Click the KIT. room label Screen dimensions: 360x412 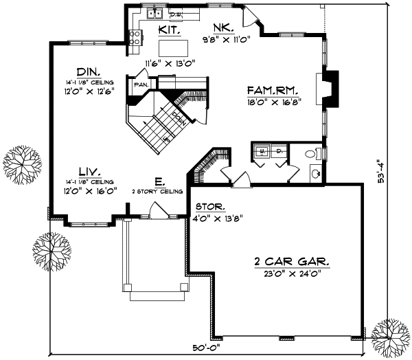[x=170, y=30]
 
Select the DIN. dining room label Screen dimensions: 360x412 [x=87, y=71]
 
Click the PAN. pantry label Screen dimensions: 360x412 [x=142, y=85]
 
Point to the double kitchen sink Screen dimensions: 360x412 [x=155, y=12]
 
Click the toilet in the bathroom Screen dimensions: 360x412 [x=314, y=153]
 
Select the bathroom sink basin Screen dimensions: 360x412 [x=314, y=174]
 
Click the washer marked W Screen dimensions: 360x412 [x=262, y=150]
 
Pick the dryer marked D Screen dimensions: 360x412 [x=279, y=150]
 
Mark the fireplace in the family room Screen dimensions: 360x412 [x=331, y=89]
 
